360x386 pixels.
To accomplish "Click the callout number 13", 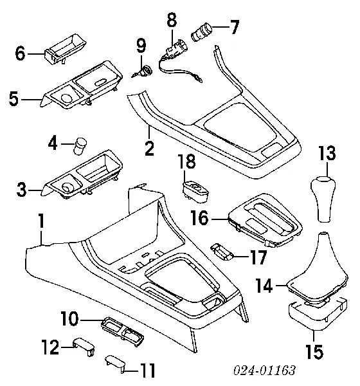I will point(327,153).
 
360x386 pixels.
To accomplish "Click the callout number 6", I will point(20,53).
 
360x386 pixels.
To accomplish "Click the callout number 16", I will point(200,218).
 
